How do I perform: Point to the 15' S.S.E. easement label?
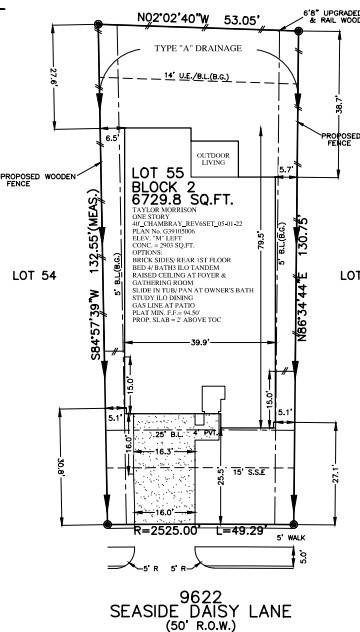244,471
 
